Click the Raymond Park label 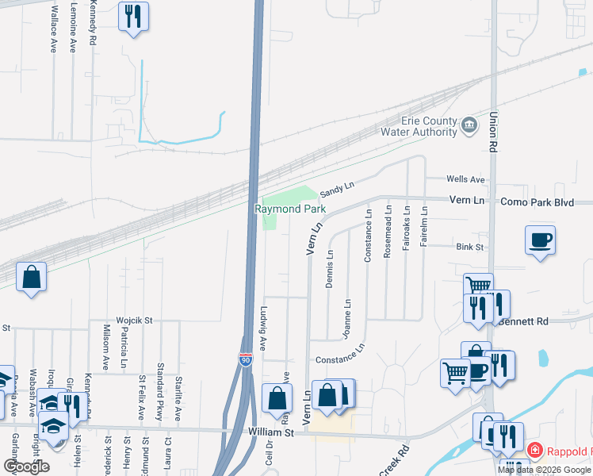point(290,209)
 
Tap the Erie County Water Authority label point(419,127)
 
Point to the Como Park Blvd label point(537,202)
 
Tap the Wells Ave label point(465,180)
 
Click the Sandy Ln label point(336,190)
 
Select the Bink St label point(469,248)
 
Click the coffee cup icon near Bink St point(540,240)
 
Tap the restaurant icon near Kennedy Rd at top point(133,16)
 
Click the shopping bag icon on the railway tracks point(31,278)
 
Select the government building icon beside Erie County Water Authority point(469,124)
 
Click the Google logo point(27,466)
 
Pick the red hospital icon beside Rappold point(534,451)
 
